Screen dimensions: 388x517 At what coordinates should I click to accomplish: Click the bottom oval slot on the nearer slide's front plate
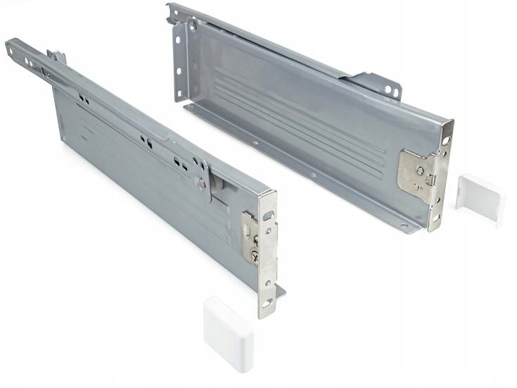[268, 302]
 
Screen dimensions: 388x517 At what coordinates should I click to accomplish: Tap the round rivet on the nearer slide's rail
[202, 182]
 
